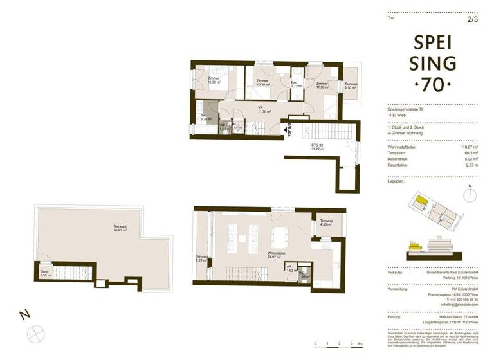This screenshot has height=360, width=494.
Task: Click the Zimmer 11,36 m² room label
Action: pos(214,80)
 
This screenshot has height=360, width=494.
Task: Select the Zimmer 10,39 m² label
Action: pos(262,82)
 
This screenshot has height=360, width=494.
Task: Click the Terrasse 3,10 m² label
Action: pos(351,86)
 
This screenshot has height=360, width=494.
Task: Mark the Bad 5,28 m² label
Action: pos(206,117)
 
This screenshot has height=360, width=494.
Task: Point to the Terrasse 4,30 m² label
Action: pos(326,222)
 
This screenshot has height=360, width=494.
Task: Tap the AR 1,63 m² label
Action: pos(289,270)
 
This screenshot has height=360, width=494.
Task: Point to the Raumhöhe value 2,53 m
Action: pos(470,172)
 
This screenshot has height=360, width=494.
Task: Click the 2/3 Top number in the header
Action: pos(472,19)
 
